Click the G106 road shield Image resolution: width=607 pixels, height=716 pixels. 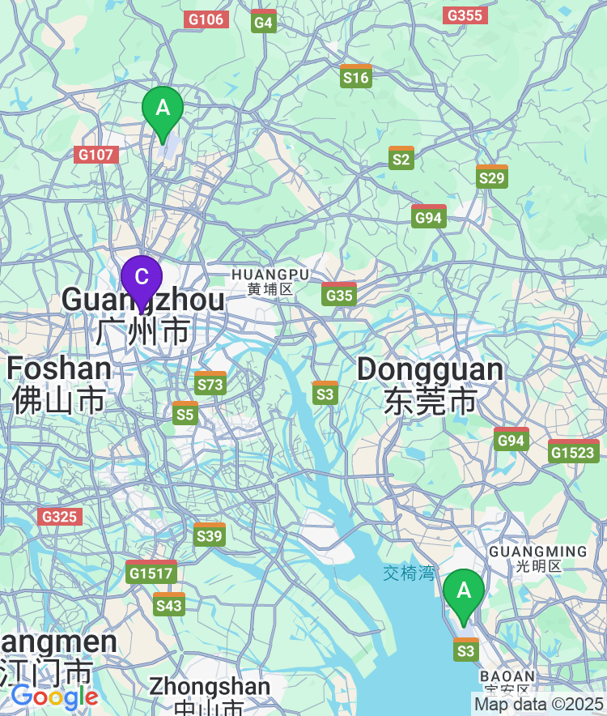pyautogui.click(x=206, y=19)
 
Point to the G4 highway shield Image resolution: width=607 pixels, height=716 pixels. pyautogui.click(x=264, y=21)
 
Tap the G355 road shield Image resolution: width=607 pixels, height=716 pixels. pyautogui.click(x=465, y=15)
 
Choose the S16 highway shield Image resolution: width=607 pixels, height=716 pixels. pyautogui.click(x=356, y=76)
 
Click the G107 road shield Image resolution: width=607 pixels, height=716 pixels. pyautogui.click(x=97, y=154)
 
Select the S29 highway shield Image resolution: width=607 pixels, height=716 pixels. pyautogui.click(x=491, y=177)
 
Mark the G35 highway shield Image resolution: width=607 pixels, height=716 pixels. pyautogui.click(x=339, y=294)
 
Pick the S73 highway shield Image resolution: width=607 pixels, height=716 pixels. pyautogui.click(x=210, y=383)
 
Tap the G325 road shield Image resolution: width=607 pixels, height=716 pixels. pyautogui.click(x=60, y=516)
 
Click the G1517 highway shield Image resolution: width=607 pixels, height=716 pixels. pyautogui.click(x=151, y=572)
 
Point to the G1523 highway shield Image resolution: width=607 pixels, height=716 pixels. pyautogui.click(x=574, y=451)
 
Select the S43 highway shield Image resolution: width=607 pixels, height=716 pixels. pyautogui.click(x=169, y=604)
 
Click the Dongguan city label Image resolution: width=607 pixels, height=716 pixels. pyautogui.click(x=430, y=385)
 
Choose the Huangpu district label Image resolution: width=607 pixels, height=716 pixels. pyautogui.click(x=270, y=281)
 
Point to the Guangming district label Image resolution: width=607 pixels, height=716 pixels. pyautogui.click(x=537, y=558)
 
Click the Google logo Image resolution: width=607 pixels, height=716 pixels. pyautogui.click(x=54, y=696)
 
